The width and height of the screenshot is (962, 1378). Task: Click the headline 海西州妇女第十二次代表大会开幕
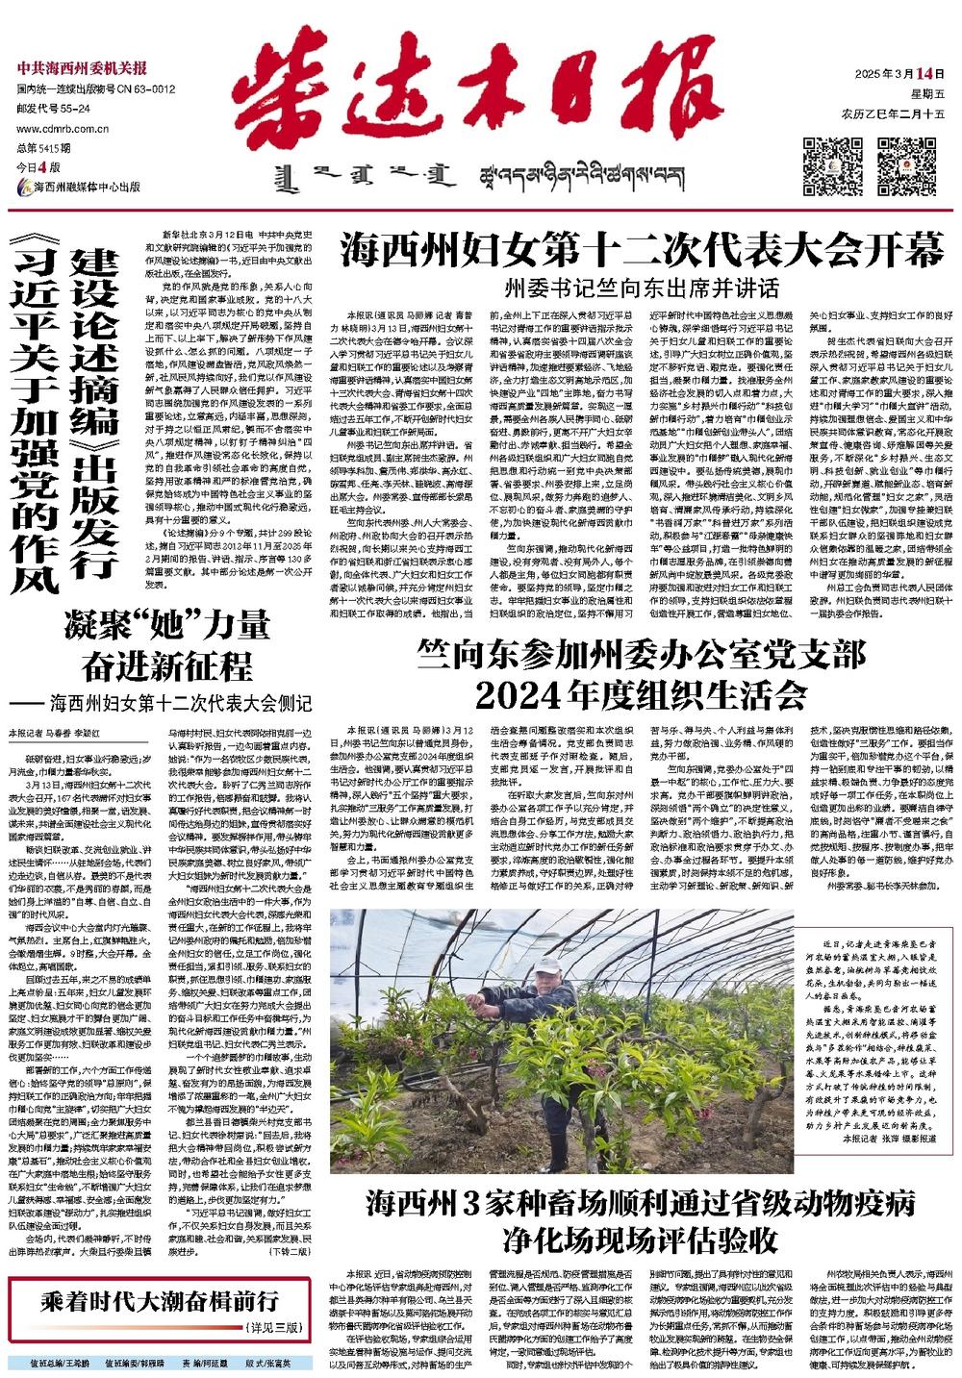click(643, 252)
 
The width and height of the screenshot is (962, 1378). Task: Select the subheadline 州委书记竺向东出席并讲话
click(643, 288)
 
